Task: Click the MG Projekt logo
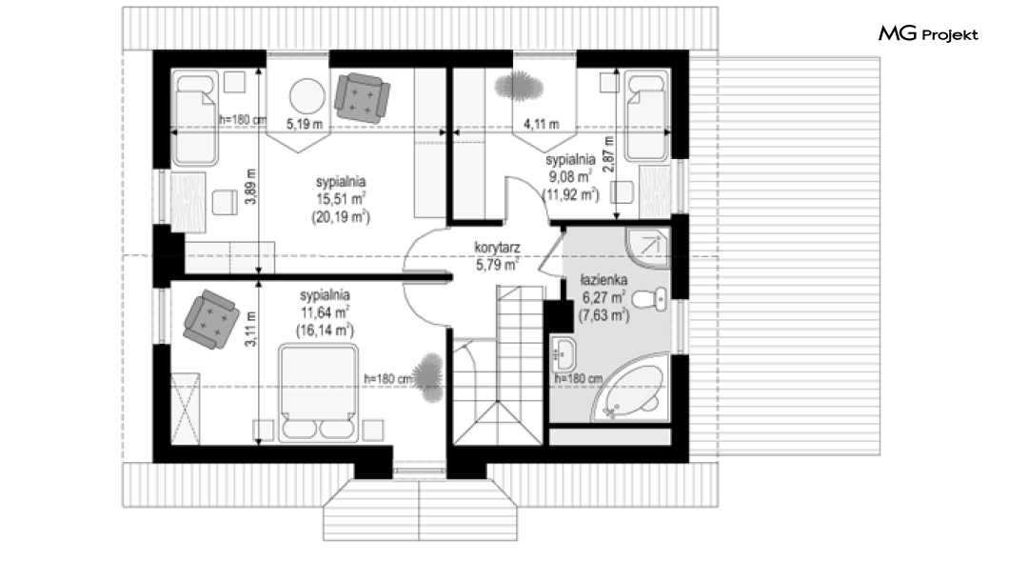[928, 34]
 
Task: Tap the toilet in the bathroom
[650, 299]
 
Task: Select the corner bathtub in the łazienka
[630, 394]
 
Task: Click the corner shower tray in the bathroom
[647, 248]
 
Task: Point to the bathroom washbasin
[564, 353]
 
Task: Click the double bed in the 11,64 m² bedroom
[319, 393]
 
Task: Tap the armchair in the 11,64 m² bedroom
[211, 319]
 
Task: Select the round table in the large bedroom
[307, 96]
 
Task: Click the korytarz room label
[497, 248]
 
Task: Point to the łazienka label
[603, 281]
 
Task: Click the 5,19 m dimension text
[305, 124]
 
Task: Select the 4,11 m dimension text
[542, 124]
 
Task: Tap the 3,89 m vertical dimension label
[251, 187]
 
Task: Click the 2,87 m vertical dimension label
[609, 154]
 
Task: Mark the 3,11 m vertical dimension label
[251, 329]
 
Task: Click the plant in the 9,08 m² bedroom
[519, 86]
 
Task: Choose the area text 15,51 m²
[341, 200]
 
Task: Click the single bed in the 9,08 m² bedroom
[646, 116]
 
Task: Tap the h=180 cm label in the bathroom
[579, 378]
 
